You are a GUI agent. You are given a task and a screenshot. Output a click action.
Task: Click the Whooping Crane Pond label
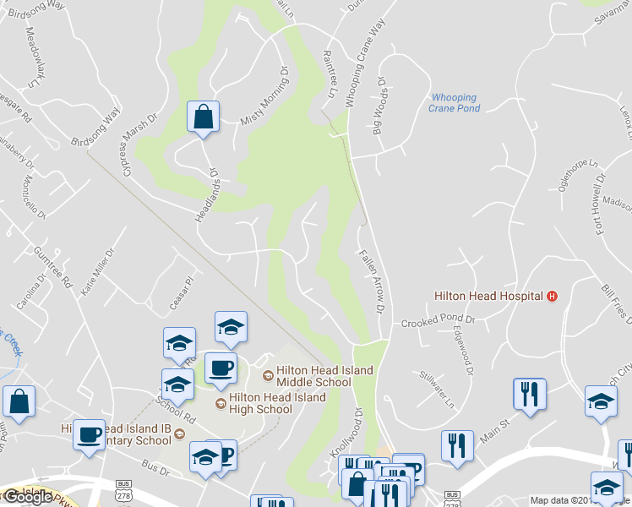[454, 103]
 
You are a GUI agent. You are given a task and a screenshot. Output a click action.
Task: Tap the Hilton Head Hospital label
[488, 296]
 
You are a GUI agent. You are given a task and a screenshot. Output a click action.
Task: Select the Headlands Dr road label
[208, 195]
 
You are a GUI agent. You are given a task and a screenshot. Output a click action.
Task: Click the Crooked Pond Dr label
[439, 322]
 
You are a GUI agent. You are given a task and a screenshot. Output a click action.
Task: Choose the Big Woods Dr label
[379, 107]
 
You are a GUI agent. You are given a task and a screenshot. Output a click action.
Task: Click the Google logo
[28, 497]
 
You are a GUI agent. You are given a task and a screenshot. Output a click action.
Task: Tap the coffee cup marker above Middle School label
[221, 368]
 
